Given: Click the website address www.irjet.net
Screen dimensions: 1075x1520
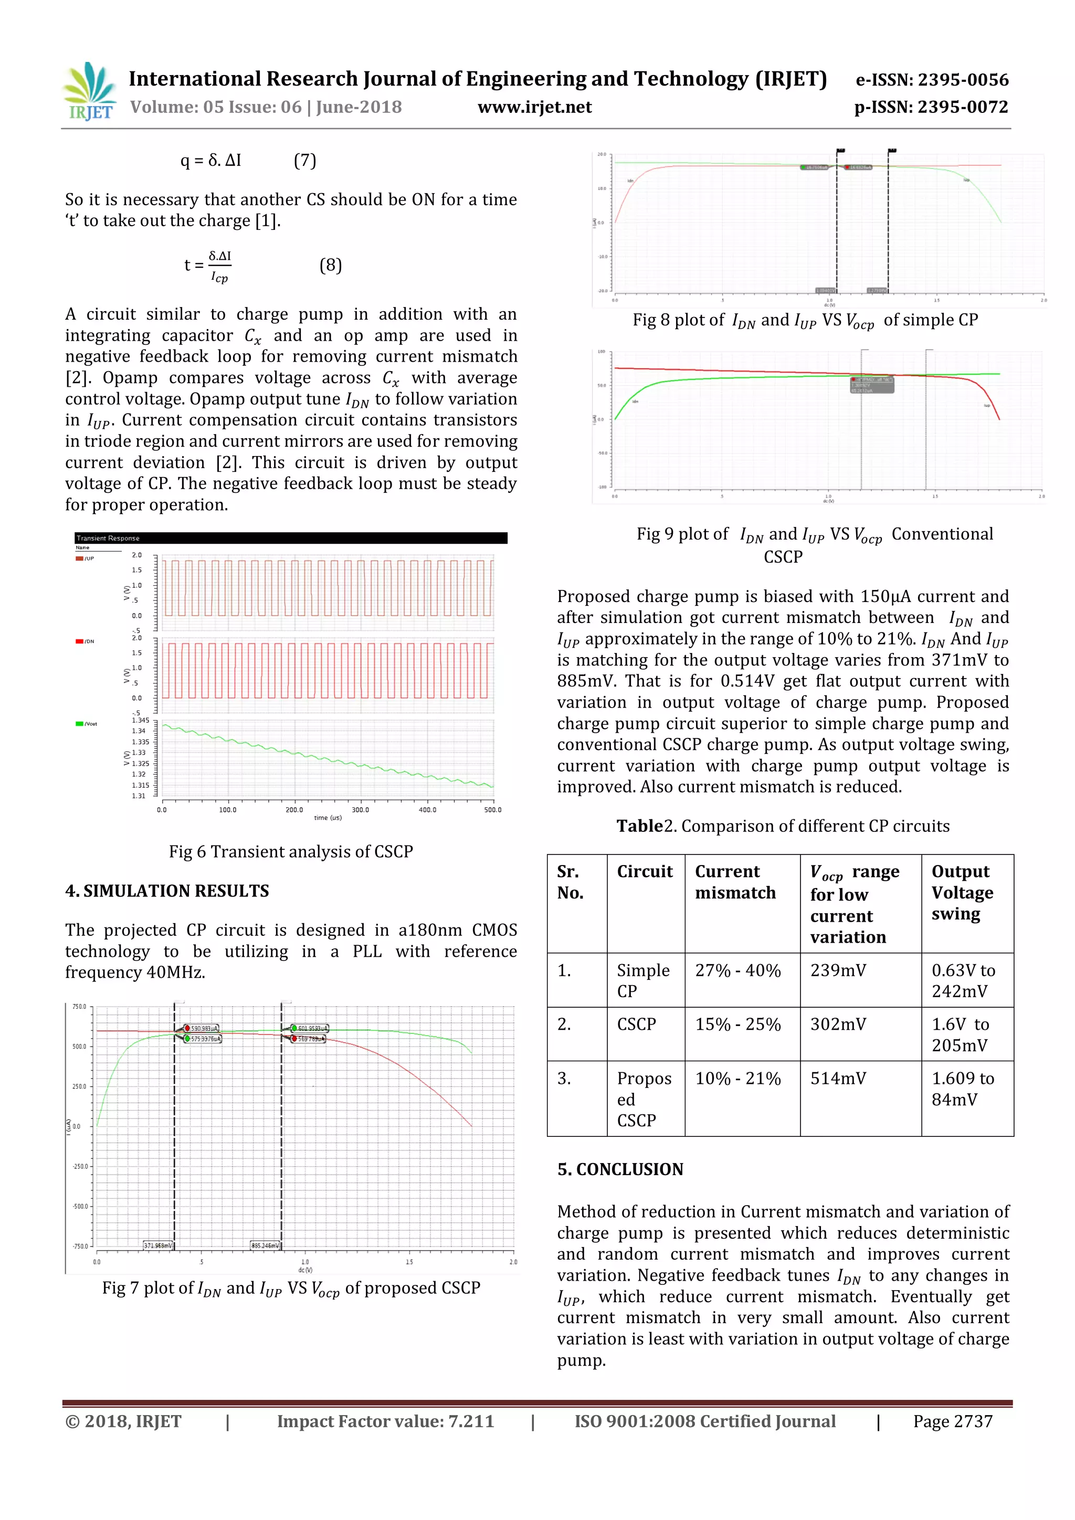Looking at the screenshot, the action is [x=534, y=107].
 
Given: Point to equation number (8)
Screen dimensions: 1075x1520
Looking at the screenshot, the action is [x=330, y=265].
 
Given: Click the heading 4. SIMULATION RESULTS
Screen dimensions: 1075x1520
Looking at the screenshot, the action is [x=167, y=890].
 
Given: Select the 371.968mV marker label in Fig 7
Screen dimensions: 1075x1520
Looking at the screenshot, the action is [x=157, y=1245].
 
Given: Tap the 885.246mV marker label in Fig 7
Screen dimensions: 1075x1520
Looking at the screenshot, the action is [x=265, y=1245].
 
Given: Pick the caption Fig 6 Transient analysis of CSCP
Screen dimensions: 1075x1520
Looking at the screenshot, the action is [x=291, y=851].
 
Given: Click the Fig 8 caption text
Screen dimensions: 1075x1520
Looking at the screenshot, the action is [x=805, y=320].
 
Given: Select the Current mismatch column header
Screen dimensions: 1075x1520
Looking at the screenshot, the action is [x=735, y=882].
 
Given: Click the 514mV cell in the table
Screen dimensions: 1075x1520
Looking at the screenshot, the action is [x=838, y=1079].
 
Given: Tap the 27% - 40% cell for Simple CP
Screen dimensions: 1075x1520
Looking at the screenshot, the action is [x=737, y=970].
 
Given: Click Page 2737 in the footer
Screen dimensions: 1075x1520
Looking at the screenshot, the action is [x=953, y=1421].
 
